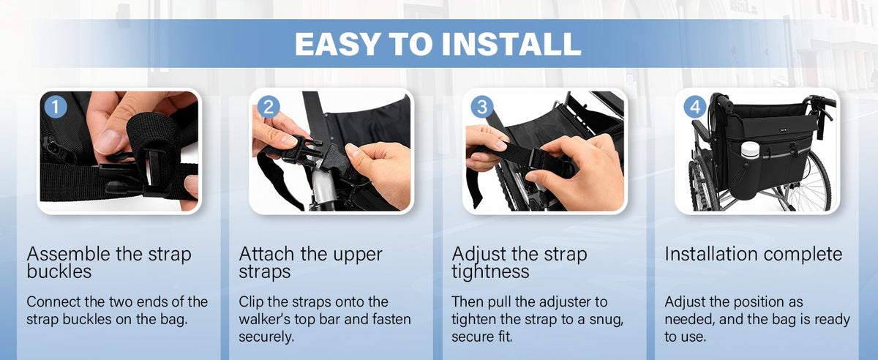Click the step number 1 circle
(56, 107)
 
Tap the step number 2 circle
(269, 107)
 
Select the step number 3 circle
(481, 107)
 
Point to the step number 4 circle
(695, 107)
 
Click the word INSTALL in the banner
(511, 44)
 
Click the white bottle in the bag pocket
(750, 150)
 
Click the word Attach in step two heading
(266, 254)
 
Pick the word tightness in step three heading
(490, 271)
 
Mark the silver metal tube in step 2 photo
(323, 188)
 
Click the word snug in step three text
(607, 320)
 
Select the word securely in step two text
(266, 337)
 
